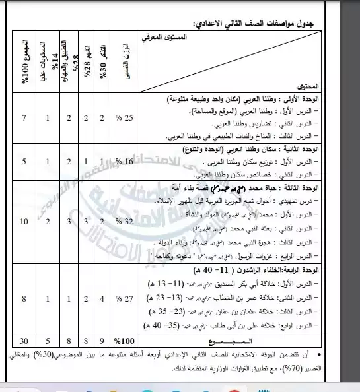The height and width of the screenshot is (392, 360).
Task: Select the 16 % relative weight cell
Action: pos(126,160)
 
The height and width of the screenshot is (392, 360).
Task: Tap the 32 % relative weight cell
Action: pos(126,222)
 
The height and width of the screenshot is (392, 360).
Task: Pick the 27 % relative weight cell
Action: pos(126,299)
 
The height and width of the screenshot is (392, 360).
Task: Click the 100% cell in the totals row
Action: pos(125,341)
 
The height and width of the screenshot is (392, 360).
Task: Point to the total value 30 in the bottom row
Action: pos(24,341)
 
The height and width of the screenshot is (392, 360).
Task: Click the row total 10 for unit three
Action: pos(24,222)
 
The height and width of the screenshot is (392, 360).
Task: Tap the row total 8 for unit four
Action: pos(24,299)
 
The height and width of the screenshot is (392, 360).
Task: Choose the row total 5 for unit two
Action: pos(24,160)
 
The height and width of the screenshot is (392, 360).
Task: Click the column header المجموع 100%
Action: pos(24,64)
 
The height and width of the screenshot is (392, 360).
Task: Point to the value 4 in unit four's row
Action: pos(102,299)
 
